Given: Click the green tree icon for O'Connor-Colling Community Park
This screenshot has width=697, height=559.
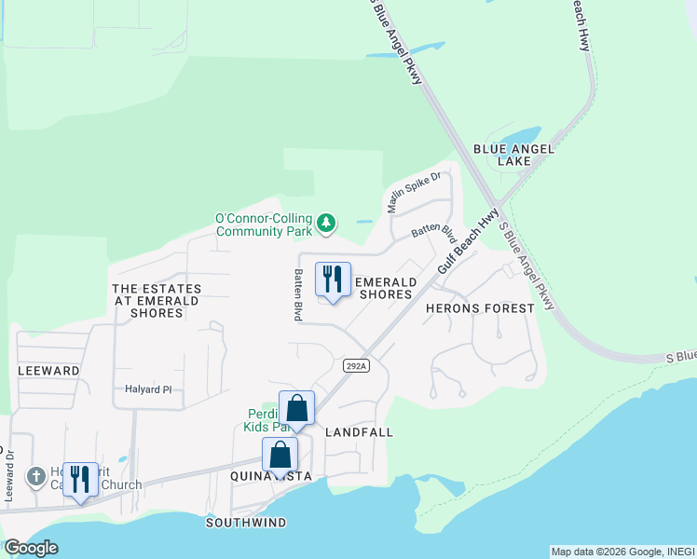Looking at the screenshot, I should (326, 223).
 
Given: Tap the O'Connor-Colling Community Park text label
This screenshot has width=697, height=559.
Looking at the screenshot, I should (264, 225).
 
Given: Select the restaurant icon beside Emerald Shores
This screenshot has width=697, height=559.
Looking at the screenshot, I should (333, 279).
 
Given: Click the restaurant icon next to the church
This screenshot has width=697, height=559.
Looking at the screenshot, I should (81, 480).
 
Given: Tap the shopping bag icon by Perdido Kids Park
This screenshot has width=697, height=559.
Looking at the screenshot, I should (296, 408).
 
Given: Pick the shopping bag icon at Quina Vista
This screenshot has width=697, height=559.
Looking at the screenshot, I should (280, 456).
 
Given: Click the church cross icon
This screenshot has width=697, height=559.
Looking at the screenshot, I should (36, 477).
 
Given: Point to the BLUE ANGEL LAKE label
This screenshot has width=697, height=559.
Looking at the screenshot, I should (513, 155).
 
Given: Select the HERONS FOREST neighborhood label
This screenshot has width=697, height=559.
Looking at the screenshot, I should (480, 308).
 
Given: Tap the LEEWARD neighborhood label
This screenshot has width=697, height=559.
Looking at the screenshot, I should (48, 370).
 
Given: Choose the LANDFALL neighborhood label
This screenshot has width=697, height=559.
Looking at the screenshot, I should (359, 432).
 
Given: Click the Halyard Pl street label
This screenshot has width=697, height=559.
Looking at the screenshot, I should (150, 389).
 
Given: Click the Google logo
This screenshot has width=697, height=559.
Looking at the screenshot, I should (31, 548).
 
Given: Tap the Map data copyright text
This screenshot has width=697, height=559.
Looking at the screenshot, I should (622, 552).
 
